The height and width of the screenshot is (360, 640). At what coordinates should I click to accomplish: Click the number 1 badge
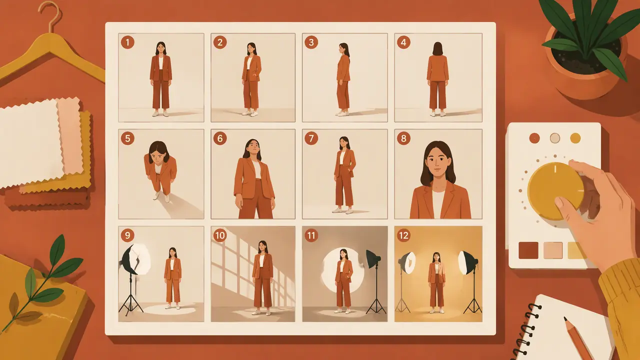click(127, 42)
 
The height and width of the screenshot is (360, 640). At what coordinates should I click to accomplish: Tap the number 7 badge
click(311, 138)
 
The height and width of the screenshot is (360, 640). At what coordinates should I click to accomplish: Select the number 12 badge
click(403, 235)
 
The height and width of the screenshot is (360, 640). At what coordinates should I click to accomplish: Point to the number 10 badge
click(219, 235)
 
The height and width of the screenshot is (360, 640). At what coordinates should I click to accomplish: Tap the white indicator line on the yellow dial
click(555, 169)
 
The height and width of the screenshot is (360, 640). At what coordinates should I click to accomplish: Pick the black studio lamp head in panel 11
click(373, 259)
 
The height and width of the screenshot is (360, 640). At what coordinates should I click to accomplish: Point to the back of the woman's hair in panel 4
click(437, 48)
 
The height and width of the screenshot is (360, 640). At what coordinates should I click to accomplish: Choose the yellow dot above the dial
click(575, 138)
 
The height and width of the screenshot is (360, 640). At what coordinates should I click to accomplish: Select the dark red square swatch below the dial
click(528, 250)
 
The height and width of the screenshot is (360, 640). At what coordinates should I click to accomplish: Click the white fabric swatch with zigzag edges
click(31, 143)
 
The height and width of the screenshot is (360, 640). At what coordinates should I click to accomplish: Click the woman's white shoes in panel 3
click(343, 113)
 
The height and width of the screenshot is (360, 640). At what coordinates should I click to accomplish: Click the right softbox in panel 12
click(467, 262)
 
